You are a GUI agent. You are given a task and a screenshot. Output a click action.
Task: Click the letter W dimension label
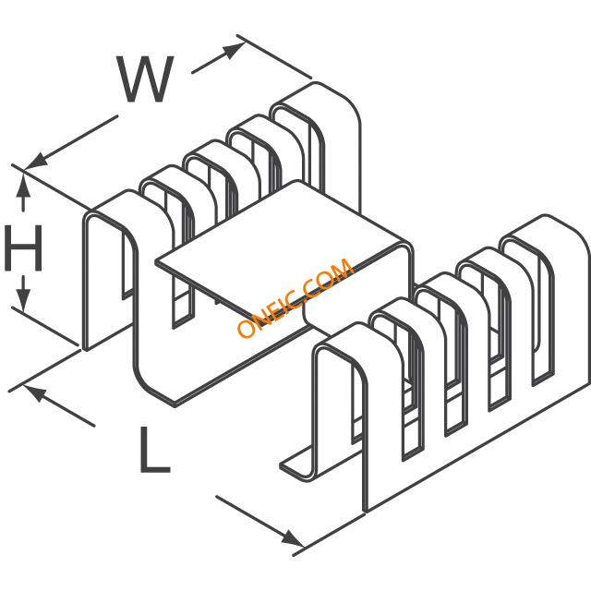[x=145, y=79]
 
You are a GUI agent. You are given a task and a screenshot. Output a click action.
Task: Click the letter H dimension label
[x=23, y=248]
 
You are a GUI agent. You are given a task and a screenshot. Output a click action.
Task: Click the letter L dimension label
[x=154, y=450]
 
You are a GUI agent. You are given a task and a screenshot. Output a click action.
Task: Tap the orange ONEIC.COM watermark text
[x=295, y=297]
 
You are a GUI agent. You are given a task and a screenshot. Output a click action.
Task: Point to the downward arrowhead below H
[x=23, y=300]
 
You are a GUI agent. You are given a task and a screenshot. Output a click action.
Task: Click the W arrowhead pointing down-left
[x=36, y=163]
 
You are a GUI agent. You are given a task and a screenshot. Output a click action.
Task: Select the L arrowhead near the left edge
[x=35, y=392]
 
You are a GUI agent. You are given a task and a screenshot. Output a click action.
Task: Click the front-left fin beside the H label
[x=109, y=271]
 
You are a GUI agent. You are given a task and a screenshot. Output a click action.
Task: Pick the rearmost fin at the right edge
[x=561, y=302]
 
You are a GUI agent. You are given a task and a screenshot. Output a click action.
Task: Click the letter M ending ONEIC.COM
[x=342, y=270]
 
